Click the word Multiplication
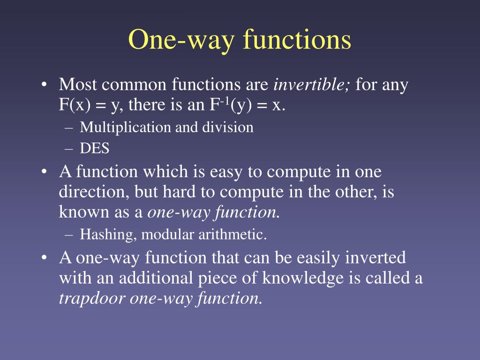coord(126,127)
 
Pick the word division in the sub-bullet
coord(231,127)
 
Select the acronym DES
coord(94,149)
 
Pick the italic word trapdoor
coord(92,299)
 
